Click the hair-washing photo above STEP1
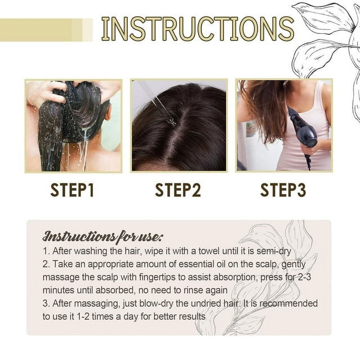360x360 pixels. point(74,126)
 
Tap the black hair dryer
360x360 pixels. point(300,132)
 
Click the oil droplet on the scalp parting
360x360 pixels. point(172,123)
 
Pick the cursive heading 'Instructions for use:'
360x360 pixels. point(103,236)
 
